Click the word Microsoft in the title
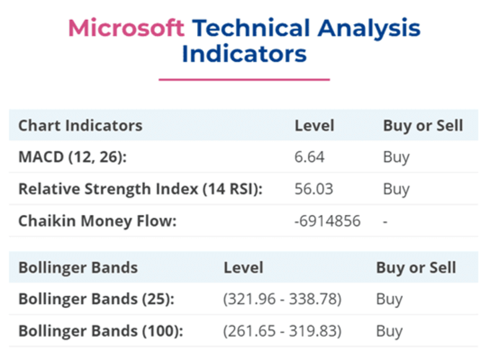point(126,28)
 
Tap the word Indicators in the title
point(245,53)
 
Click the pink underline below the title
point(245,79)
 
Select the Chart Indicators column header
point(80,126)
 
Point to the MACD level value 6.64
point(309,157)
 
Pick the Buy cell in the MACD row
point(396,158)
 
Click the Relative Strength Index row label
point(140,189)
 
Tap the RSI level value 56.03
point(313,189)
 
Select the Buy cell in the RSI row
point(396,190)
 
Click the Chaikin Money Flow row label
point(98,221)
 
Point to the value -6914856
point(327,221)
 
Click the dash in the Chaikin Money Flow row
point(385,221)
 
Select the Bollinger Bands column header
point(78,267)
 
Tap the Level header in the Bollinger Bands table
point(244,267)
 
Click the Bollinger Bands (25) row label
point(96,299)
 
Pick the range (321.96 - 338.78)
point(282,299)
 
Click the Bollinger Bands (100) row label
point(101,331)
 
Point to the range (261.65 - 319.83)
point(282,331)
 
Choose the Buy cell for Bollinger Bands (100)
point(389,331)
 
